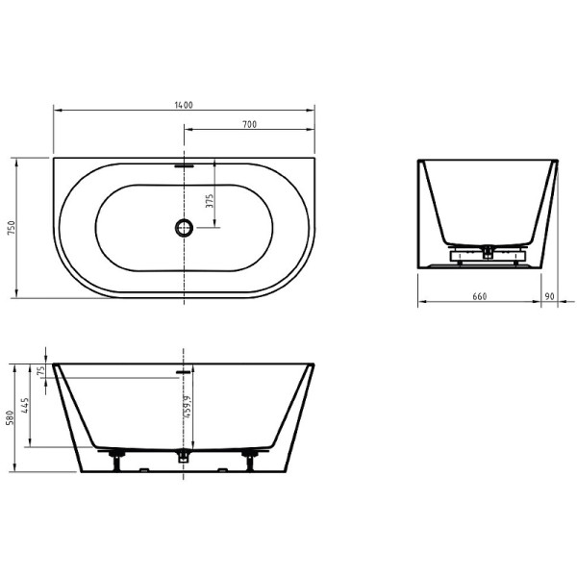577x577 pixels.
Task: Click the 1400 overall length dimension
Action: (185, 104)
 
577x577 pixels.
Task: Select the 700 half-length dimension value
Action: (249, 124)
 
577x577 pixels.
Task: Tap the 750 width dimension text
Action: (12, 228)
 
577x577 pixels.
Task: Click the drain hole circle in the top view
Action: (184, 228)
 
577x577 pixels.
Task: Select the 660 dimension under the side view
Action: (479, 296)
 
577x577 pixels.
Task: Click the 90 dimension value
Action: (548, 296)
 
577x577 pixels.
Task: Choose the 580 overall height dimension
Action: (11, 418)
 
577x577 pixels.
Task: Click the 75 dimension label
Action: (42, 370)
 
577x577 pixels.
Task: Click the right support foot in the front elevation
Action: (251, 456)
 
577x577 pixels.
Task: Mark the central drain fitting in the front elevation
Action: (184, 456)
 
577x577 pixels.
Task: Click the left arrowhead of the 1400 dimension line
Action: (55, 111)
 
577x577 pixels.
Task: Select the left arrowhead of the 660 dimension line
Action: (420, 303)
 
